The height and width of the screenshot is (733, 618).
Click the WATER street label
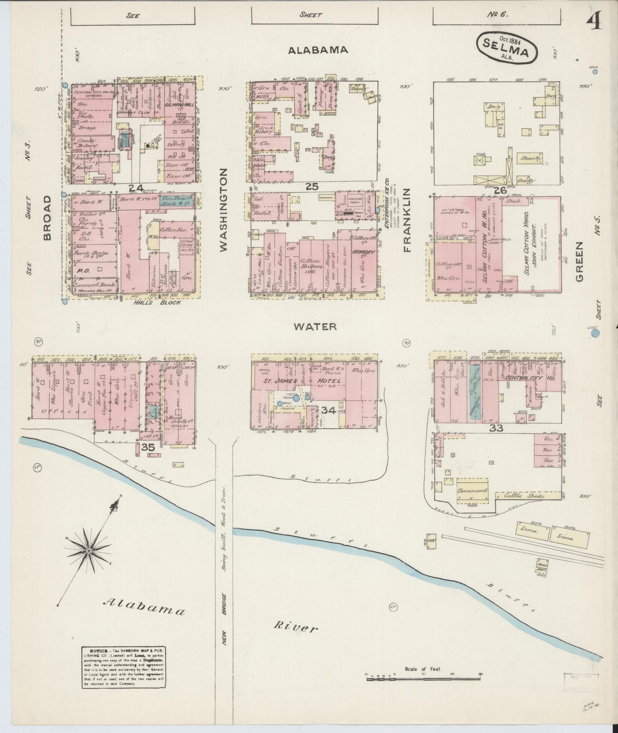pos(315,326)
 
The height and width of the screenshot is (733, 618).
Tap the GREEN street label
pos(580,261)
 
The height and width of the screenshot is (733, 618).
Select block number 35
pos(148,447)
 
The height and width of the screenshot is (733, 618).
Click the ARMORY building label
pos(364,252)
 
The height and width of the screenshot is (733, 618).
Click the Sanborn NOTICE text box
pos(124,670)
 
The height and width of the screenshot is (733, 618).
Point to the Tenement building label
pos(472,491)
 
